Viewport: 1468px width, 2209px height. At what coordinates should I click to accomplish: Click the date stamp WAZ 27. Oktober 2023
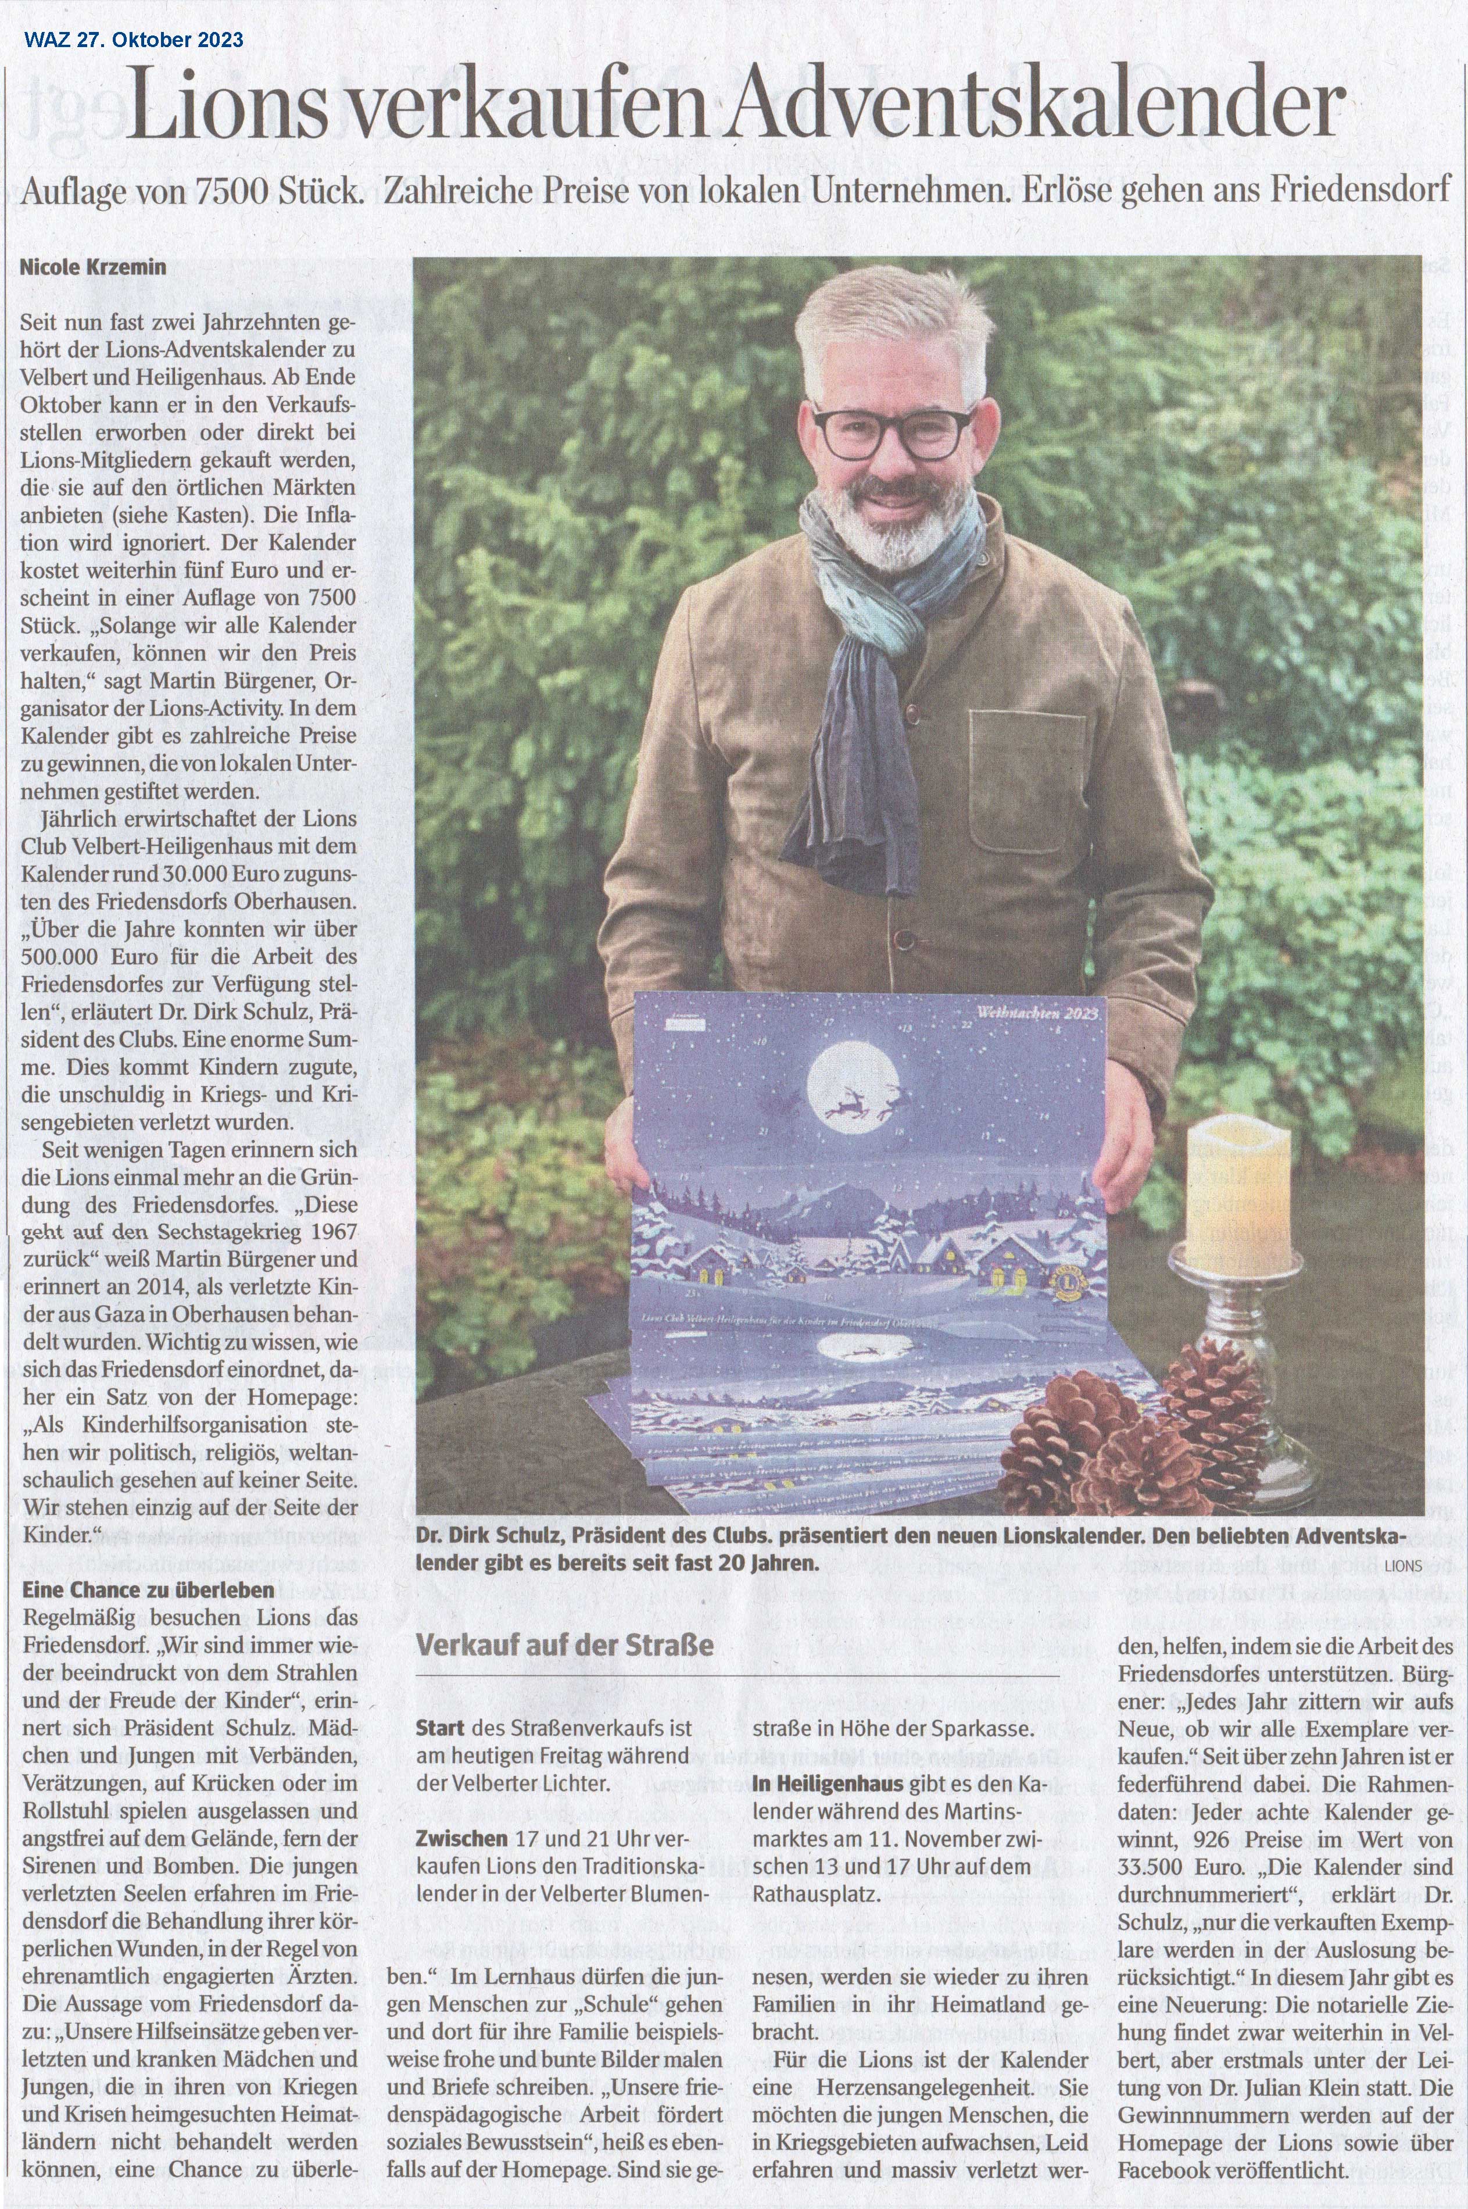click(x=134, y=40)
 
